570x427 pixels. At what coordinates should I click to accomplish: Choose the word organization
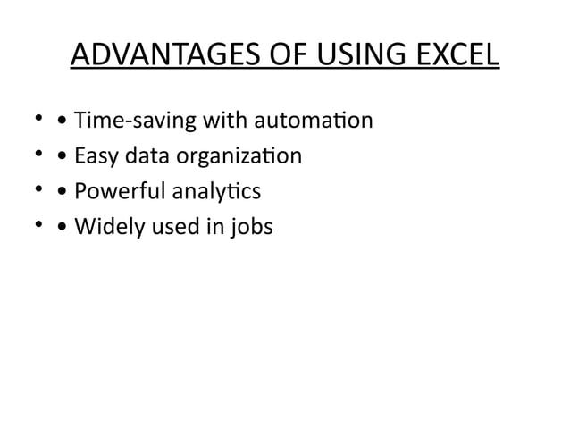pos(235,157)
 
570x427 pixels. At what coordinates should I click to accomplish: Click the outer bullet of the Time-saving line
pos(38,120)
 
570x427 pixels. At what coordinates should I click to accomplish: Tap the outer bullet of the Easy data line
pos(38,156)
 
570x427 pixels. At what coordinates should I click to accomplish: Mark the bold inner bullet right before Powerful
pos(61,192)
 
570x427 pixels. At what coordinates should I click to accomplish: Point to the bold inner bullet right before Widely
pos(61,228)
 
